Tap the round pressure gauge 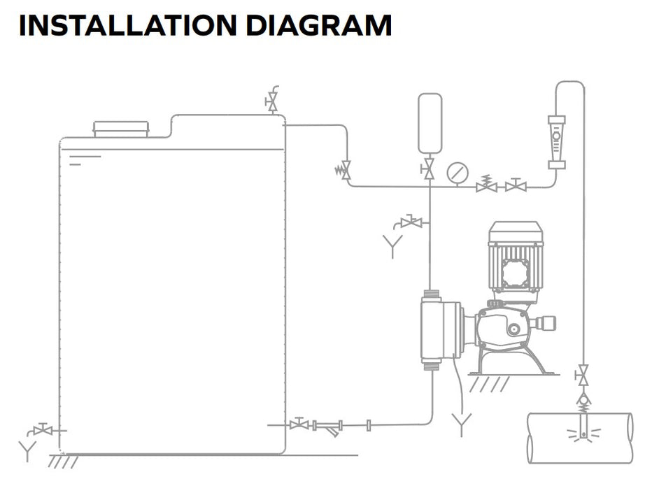coord(458,171)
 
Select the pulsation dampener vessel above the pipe coord(430,123)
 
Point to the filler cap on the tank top coord(121,129)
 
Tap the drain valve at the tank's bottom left coord(43,429)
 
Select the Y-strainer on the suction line coord(329,426)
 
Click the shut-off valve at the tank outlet coord(299,424)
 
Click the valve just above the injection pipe coord(582,376)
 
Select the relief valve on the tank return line coord(345,170)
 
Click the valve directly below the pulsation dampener coord(429,169)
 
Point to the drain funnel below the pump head coord(461,423)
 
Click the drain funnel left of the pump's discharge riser coord(392,245)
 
